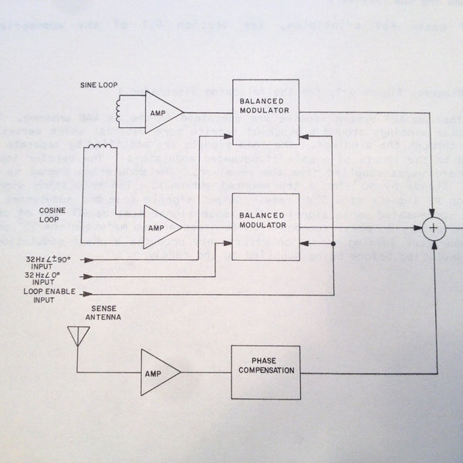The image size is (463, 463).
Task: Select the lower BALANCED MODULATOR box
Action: click(x=265, y=229)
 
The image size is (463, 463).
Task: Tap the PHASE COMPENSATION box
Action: click(x=265, y=371)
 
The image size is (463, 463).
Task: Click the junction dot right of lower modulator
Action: click(x=333, y=243)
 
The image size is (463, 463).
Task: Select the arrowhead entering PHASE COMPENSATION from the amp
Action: click(x=226, y=372)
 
